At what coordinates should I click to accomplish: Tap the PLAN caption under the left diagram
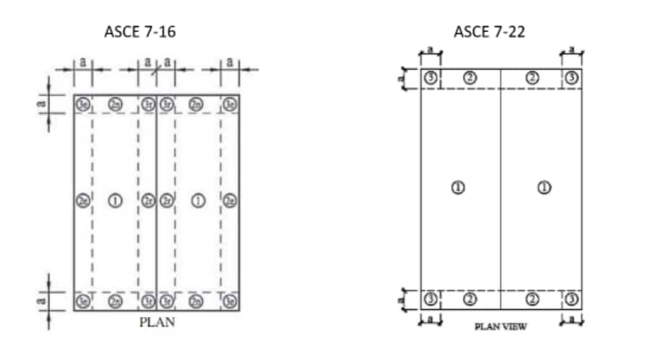pos(157,323)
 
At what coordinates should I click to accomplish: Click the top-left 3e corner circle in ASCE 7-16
pos(82,104)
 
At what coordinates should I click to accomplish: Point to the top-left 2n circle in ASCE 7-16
pos(115,104)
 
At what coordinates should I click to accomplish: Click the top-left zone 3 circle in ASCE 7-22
pos(430,78)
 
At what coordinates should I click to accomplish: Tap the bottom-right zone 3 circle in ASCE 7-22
pos(572,299)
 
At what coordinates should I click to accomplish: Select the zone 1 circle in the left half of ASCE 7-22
pos(457,187)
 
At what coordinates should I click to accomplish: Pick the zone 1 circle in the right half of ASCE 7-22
pos(544,187)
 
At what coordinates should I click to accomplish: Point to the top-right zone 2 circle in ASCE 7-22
pos(533,78)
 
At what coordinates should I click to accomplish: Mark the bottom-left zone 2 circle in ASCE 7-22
pos(469,299)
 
